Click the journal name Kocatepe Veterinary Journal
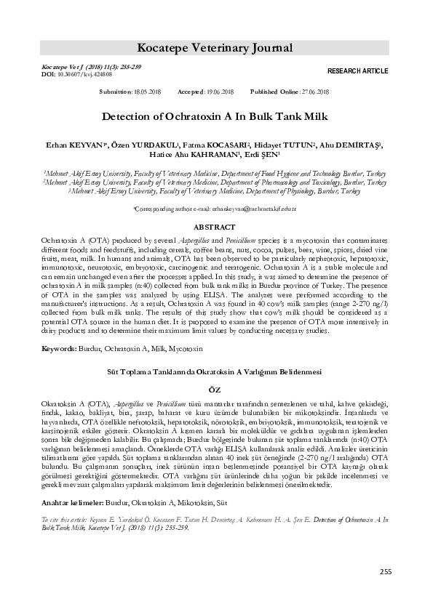[216, 49]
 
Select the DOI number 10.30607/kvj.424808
[82, 74]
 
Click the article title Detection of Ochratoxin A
[216, 116]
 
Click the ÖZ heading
[216, 390]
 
